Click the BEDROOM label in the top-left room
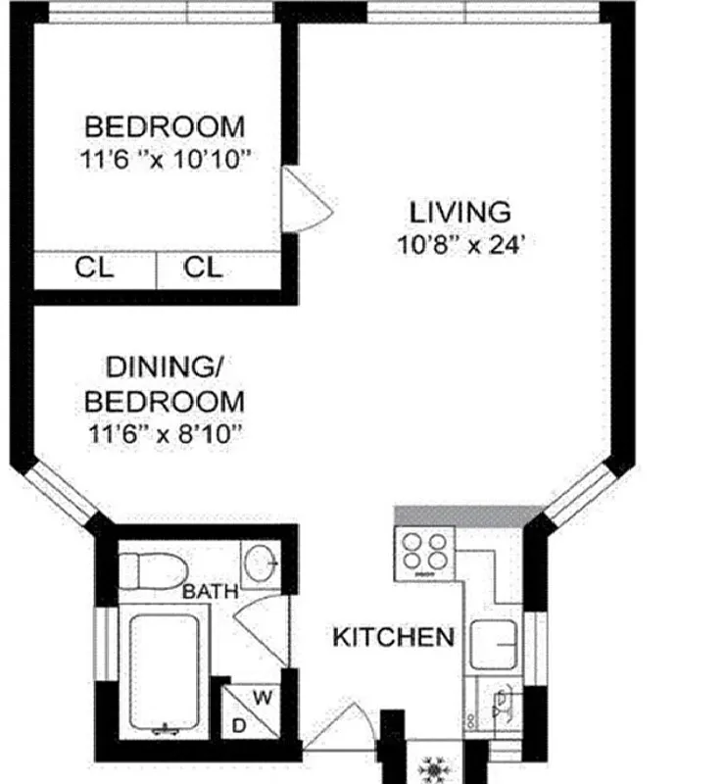(164, 126)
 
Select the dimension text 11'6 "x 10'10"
(164, 159)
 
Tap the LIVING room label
(460, 212)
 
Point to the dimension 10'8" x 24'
(460, 244)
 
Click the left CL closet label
(95, 268)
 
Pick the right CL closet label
(203, 268)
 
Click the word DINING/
(165, 368)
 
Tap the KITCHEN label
(394, 637)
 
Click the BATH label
(211, 591)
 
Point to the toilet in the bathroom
(152, 567)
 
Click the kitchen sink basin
(496, 645)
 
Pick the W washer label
(263, 698)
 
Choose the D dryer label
(238, 726)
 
